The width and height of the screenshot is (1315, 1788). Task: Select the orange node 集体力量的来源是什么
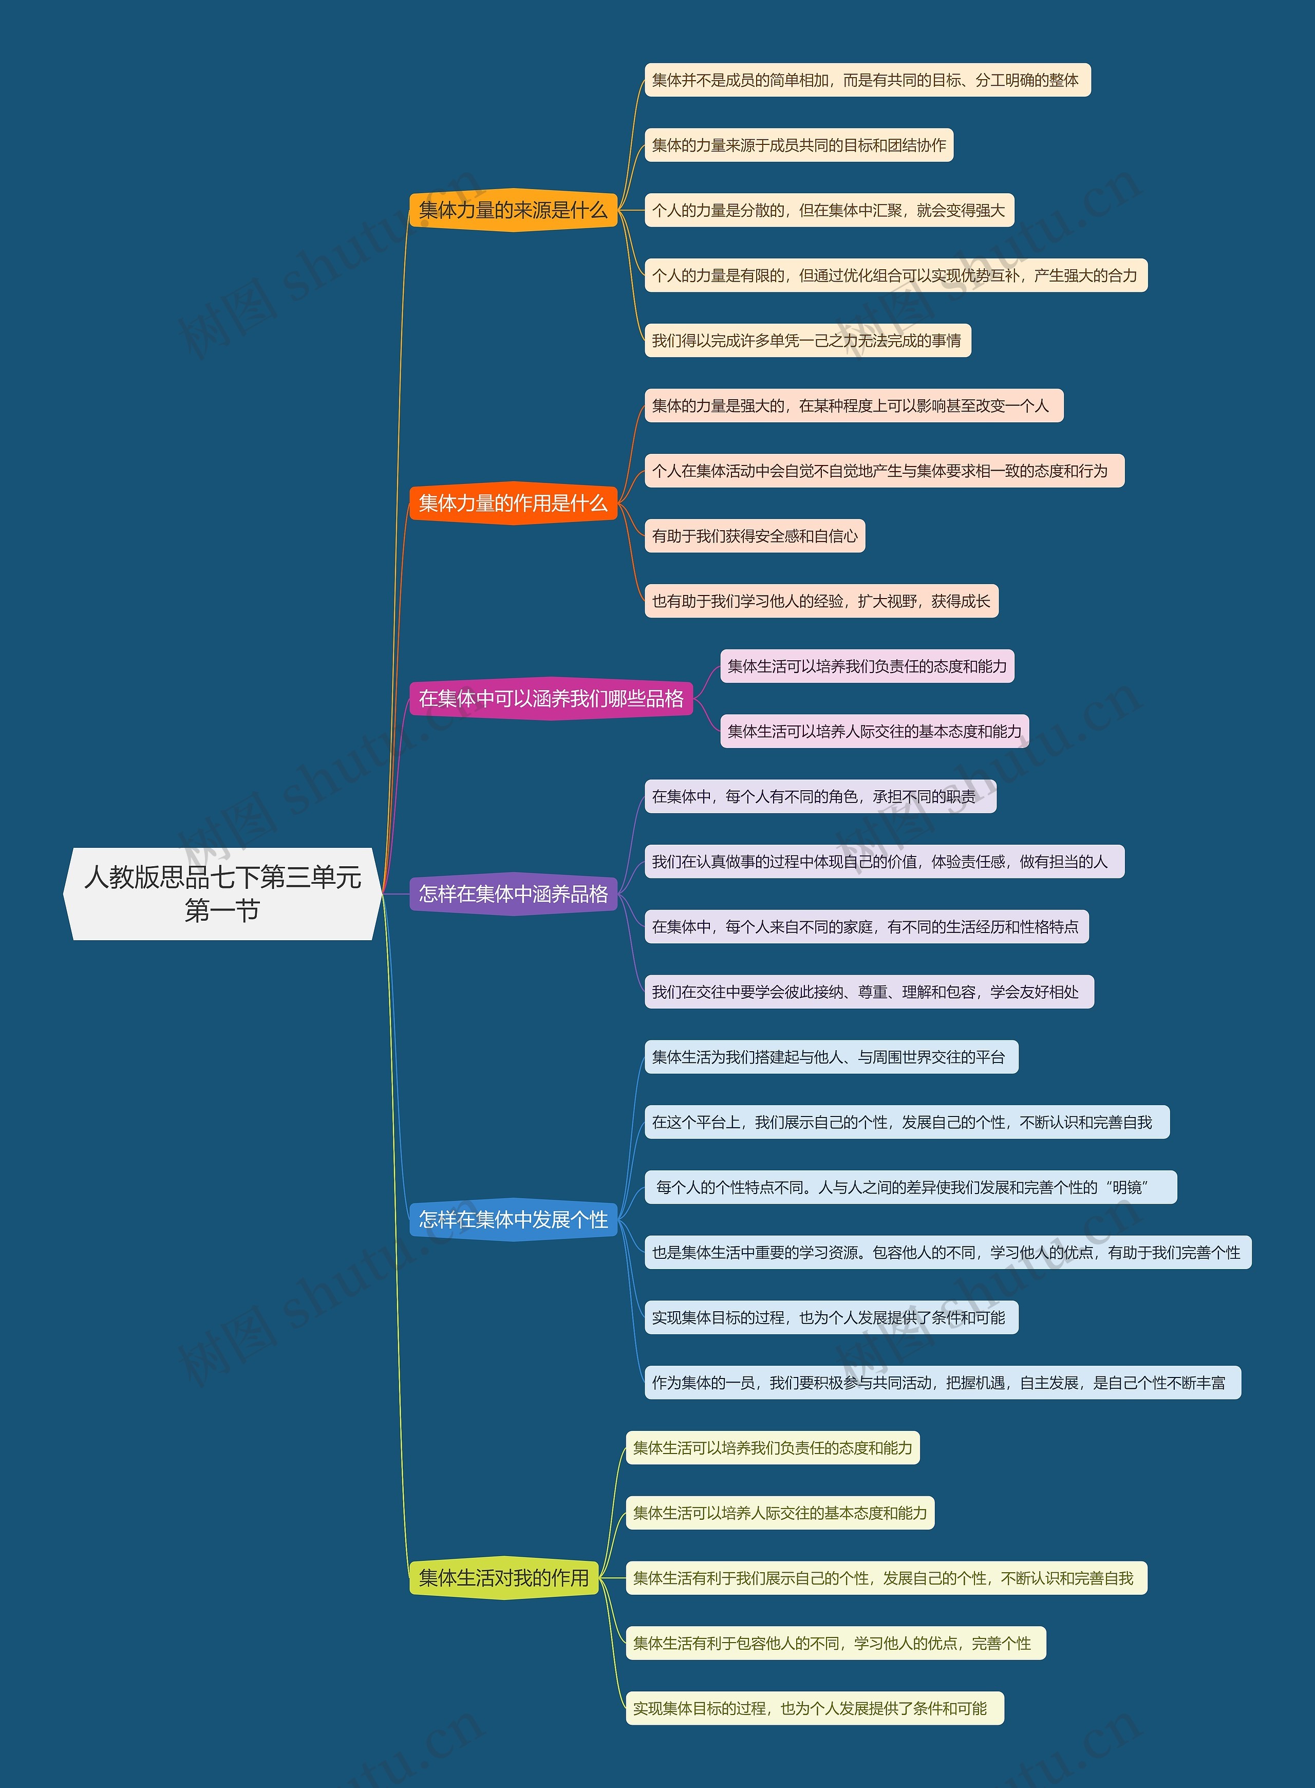tap(513, 210)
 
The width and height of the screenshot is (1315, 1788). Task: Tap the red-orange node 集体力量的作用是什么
tap(513, 503)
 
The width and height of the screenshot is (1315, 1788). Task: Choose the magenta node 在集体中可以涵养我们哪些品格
tap(551, 699)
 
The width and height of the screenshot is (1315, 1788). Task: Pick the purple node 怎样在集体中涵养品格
tap(513, 894)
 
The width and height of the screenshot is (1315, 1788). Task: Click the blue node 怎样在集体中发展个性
tap(513, 1220)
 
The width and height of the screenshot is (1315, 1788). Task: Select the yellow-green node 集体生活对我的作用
tap(504, 1578)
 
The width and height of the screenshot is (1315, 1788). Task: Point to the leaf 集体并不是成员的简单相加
tap(866, 80)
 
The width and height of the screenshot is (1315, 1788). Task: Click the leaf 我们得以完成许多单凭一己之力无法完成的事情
tap(807, 341)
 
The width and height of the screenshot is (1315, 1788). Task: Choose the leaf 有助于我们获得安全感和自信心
tap(754, 536)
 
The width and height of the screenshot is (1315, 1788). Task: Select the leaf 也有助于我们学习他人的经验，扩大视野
tap(821, 602)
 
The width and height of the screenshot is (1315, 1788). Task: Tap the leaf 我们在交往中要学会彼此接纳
tap(869, 992)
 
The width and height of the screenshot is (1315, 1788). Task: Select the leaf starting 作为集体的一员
tap(942, 1383)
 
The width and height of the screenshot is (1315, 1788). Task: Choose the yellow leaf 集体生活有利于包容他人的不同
tap(835, 1643)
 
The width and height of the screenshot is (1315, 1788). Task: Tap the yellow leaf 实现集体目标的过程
tap(814, 1708)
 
